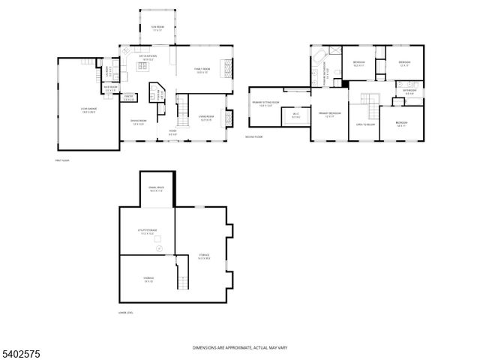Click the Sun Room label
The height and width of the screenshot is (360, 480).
pyautogui.click(x=157, y=28)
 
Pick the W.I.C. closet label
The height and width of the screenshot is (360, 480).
pyautogui.click(x=295, y=115)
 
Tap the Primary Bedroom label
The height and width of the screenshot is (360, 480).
pyautogui.click(x=329, y=113)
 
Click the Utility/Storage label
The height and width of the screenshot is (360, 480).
pyautogui.click(x=146, y=232)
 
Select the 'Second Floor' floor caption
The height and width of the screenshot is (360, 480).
pyautogui.click(x=253, y=136)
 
